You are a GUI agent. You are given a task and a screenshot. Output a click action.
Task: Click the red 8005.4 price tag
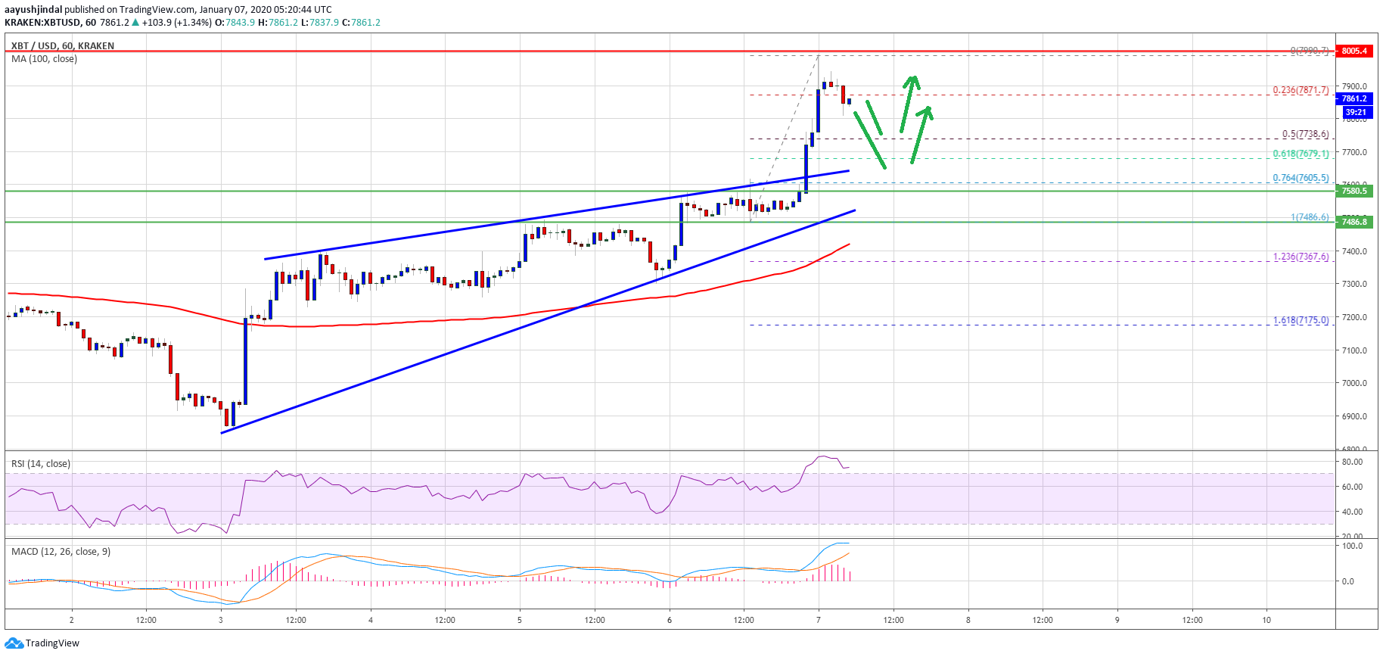1354,51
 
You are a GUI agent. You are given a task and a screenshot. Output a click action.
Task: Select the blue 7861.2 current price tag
1354,98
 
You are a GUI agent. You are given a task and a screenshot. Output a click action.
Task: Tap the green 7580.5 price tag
1354,191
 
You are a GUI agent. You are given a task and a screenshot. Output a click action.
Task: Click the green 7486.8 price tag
1354,222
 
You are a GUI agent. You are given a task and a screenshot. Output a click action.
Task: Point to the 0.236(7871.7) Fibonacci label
1301,90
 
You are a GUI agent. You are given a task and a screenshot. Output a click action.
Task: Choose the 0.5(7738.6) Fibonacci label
1305,134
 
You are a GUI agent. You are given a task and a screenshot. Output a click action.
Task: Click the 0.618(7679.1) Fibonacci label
1301,154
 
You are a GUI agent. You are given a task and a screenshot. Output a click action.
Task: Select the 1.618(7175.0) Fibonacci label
1301,320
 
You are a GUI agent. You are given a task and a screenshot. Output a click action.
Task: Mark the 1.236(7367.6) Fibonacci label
1301,257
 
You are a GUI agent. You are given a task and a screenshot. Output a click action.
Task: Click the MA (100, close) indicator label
44,59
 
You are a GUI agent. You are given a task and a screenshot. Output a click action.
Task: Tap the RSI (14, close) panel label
41,464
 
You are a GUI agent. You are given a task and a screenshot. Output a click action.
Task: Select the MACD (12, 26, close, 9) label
61,552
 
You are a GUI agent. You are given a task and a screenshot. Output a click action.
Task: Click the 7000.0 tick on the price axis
1354,383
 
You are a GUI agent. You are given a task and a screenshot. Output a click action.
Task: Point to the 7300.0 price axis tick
1354,284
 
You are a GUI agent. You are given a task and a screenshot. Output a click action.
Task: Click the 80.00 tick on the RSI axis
1352,462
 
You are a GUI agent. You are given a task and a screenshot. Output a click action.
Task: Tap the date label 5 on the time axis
520,620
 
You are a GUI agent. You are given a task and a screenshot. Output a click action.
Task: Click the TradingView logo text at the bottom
52,643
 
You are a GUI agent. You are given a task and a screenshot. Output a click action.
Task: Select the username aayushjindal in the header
33,10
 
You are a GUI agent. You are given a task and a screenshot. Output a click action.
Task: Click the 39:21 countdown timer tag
1356,112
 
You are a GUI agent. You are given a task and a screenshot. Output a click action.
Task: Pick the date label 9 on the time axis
1117,620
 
